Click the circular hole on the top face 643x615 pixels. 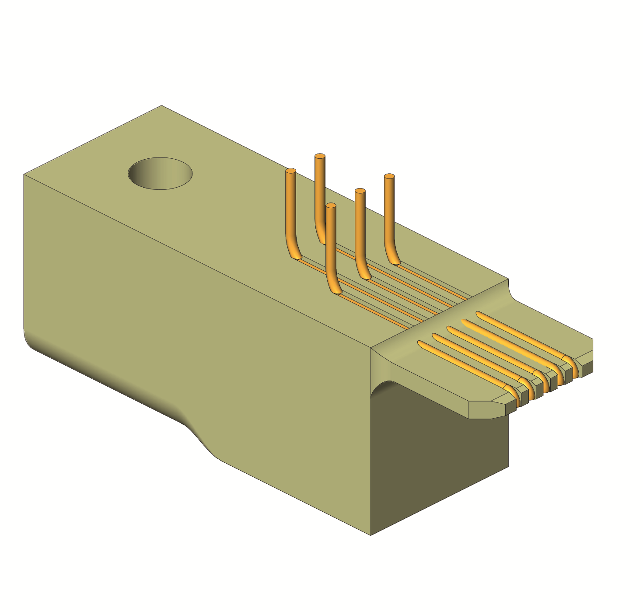coord(160,173)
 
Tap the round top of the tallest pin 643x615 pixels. coord(320,156)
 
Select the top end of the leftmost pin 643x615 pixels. coord(290,171)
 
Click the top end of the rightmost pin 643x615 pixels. coord(389,176)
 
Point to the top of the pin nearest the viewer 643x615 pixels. coord(331,206)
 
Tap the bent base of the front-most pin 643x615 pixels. coord(335,287)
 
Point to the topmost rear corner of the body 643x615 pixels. coord(162,106)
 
